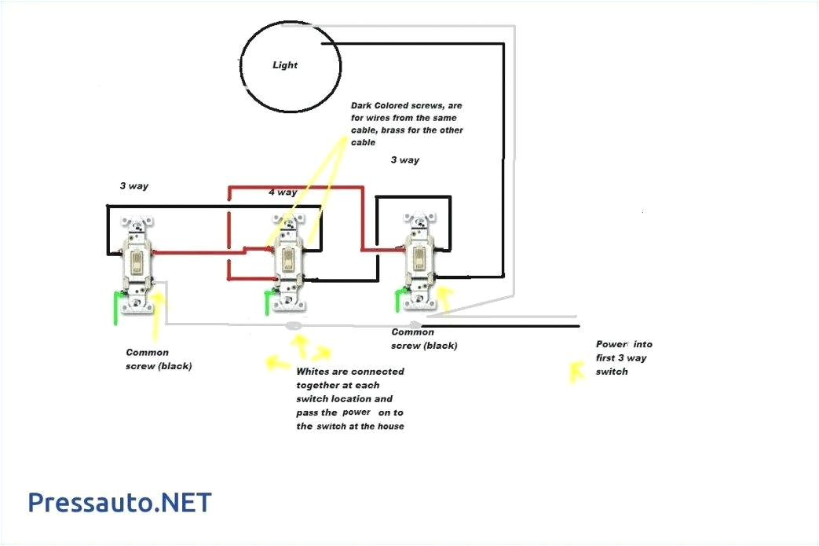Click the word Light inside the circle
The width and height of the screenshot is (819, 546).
pos(285,65)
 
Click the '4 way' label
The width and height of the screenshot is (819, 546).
pos(283,192)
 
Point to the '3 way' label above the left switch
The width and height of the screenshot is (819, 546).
pos(134,186)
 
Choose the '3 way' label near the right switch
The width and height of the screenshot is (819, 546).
pos(404,160)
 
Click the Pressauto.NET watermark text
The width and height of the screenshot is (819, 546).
pos(120,502)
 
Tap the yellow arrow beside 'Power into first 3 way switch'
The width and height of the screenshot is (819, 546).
pos(577,371)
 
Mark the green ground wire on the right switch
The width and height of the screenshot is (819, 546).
pos(402,299)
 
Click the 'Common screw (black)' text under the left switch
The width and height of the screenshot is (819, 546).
pos(158,359)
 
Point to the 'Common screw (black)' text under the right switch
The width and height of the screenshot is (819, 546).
pos(424,339)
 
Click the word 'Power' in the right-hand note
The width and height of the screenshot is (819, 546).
pos(612,344)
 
